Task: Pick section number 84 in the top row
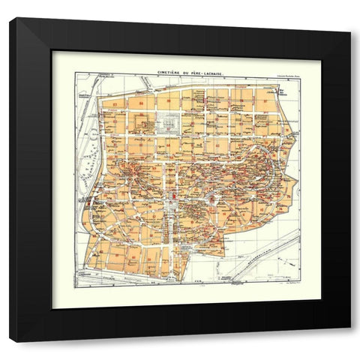pos(140,100)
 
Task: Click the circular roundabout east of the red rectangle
pos(214,199)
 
